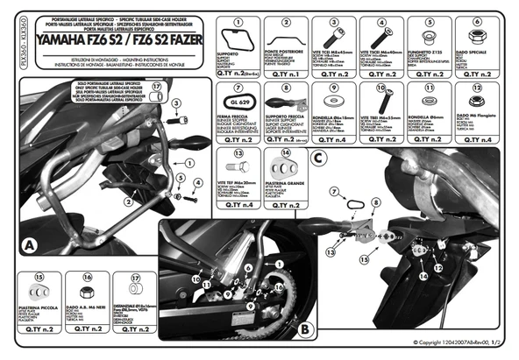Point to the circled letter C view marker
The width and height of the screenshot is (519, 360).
316,158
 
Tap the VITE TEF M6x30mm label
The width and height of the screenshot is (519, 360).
237,180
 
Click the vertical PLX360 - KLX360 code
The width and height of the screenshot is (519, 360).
7,53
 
